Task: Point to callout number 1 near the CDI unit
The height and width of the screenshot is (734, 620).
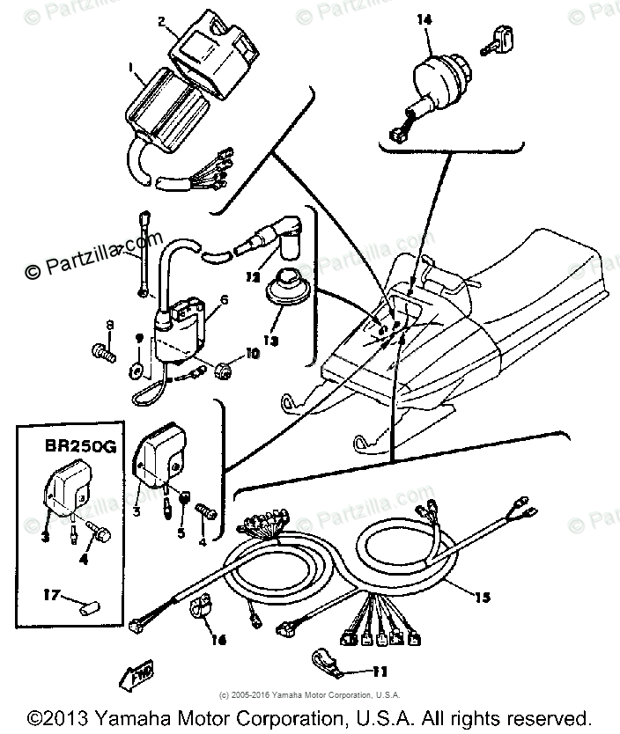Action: (x=131, y=68)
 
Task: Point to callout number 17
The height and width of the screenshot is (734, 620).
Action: (x=50, y=596)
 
